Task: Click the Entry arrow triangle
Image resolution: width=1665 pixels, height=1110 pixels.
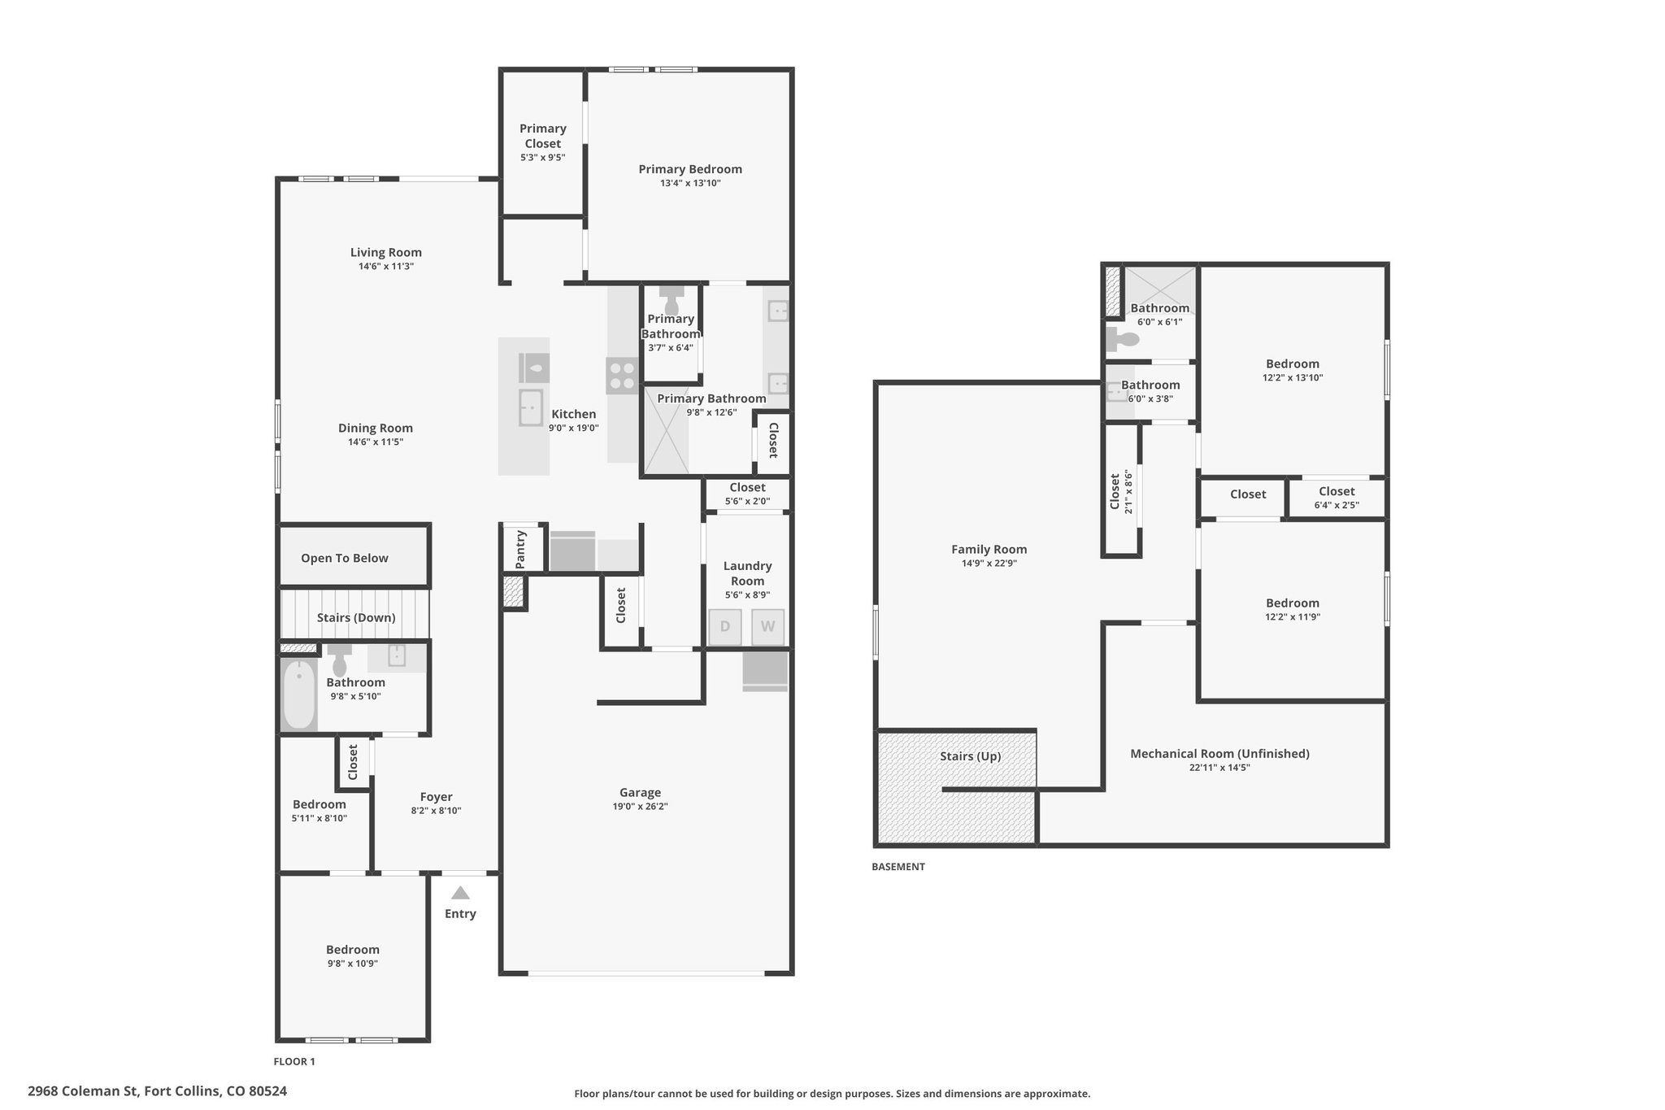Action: click(460, 892)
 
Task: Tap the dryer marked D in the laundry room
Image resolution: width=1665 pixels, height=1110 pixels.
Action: click(725, 627)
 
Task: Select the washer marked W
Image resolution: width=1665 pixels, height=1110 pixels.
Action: click(767, 627)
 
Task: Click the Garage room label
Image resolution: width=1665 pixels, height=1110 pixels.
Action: click(640, 792)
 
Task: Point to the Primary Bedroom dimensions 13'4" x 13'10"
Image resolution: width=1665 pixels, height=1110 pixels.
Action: click(690, 183)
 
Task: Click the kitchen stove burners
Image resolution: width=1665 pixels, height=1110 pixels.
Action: click(622, 376)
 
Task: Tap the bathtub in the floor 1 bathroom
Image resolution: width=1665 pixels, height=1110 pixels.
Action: click(299, 694)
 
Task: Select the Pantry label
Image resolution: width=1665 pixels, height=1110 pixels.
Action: click(520, 549)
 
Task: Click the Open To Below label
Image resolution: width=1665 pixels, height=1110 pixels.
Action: click(345, 558)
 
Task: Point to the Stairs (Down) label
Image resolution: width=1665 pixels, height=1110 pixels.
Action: click(356, 617)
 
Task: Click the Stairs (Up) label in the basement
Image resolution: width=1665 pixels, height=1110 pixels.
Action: click(971, 756)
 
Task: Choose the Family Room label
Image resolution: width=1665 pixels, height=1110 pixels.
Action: click(989, 549)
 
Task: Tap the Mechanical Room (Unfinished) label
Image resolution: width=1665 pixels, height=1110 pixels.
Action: click(1219, 754)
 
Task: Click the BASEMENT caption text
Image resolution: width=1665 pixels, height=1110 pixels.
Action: click(898, 867)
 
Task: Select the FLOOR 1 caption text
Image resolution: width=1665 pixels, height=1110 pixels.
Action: click(294, 1061)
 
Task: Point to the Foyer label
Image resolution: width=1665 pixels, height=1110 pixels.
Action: click(437, 797)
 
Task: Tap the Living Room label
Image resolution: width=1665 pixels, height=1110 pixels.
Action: click(386, 252)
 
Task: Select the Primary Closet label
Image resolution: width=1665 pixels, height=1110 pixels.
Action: click(543, 136)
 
